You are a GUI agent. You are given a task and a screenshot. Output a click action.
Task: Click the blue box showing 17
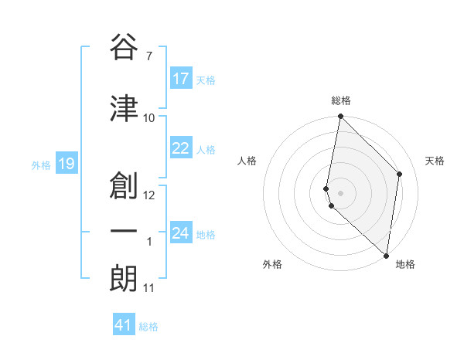(181, 79)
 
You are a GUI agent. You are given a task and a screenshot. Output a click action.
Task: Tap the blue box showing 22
(181, 148)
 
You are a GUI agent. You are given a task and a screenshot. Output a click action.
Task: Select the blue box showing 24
(181, 233)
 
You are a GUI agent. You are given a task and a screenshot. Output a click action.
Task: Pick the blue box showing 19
(66, 164)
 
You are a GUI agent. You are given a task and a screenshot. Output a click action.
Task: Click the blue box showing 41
(124, 325)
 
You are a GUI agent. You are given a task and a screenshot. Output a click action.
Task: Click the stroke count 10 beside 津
(149, 117)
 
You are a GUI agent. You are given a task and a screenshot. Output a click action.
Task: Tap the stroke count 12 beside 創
(149, 195)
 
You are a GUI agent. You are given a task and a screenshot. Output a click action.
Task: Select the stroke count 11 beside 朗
(149, 288)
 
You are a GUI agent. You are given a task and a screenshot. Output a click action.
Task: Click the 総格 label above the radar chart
(341, 100)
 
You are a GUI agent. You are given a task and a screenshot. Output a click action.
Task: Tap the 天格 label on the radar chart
(435, 161)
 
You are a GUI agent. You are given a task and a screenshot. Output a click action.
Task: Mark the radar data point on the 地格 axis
(387, 256)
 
